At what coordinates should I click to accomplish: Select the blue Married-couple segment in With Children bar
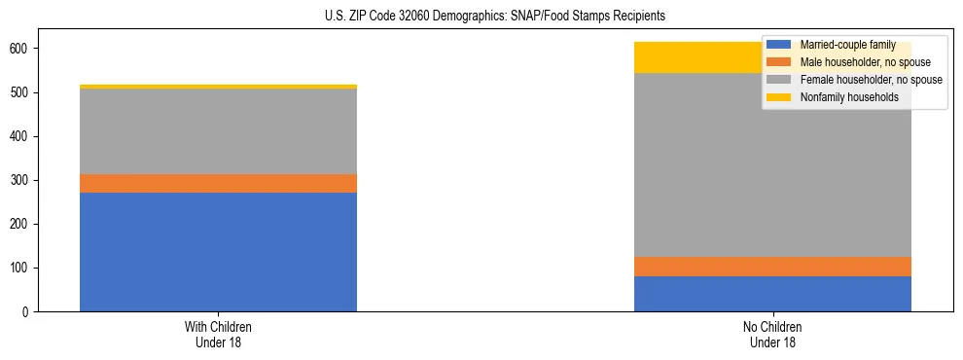(218, 252)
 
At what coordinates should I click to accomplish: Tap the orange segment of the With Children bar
(218, 184)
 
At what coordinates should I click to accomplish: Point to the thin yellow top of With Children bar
(218, 87)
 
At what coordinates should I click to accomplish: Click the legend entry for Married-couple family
(847, 45)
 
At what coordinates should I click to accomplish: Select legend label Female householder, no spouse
(866, 80)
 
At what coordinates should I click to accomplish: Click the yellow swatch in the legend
(779, 97)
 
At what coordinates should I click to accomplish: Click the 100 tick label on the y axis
(25, 269)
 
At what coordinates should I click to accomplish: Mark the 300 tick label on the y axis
(25, 181)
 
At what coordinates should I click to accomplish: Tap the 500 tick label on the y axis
(25, 93)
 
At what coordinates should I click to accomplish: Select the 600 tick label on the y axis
(25, 49)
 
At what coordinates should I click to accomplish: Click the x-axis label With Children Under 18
(218, 334)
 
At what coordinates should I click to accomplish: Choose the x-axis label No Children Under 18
(772, 334)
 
